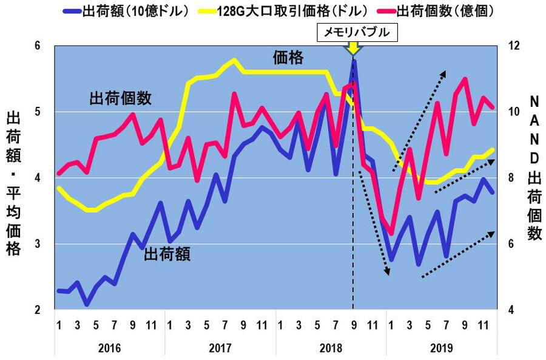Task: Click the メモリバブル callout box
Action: (357, 32)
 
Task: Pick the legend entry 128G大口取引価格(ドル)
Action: (291, 11)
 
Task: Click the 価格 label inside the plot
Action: (288, 58)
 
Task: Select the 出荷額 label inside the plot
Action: (167, 254)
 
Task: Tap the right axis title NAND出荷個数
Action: (534, 167)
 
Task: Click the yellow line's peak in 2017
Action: (234, 59)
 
